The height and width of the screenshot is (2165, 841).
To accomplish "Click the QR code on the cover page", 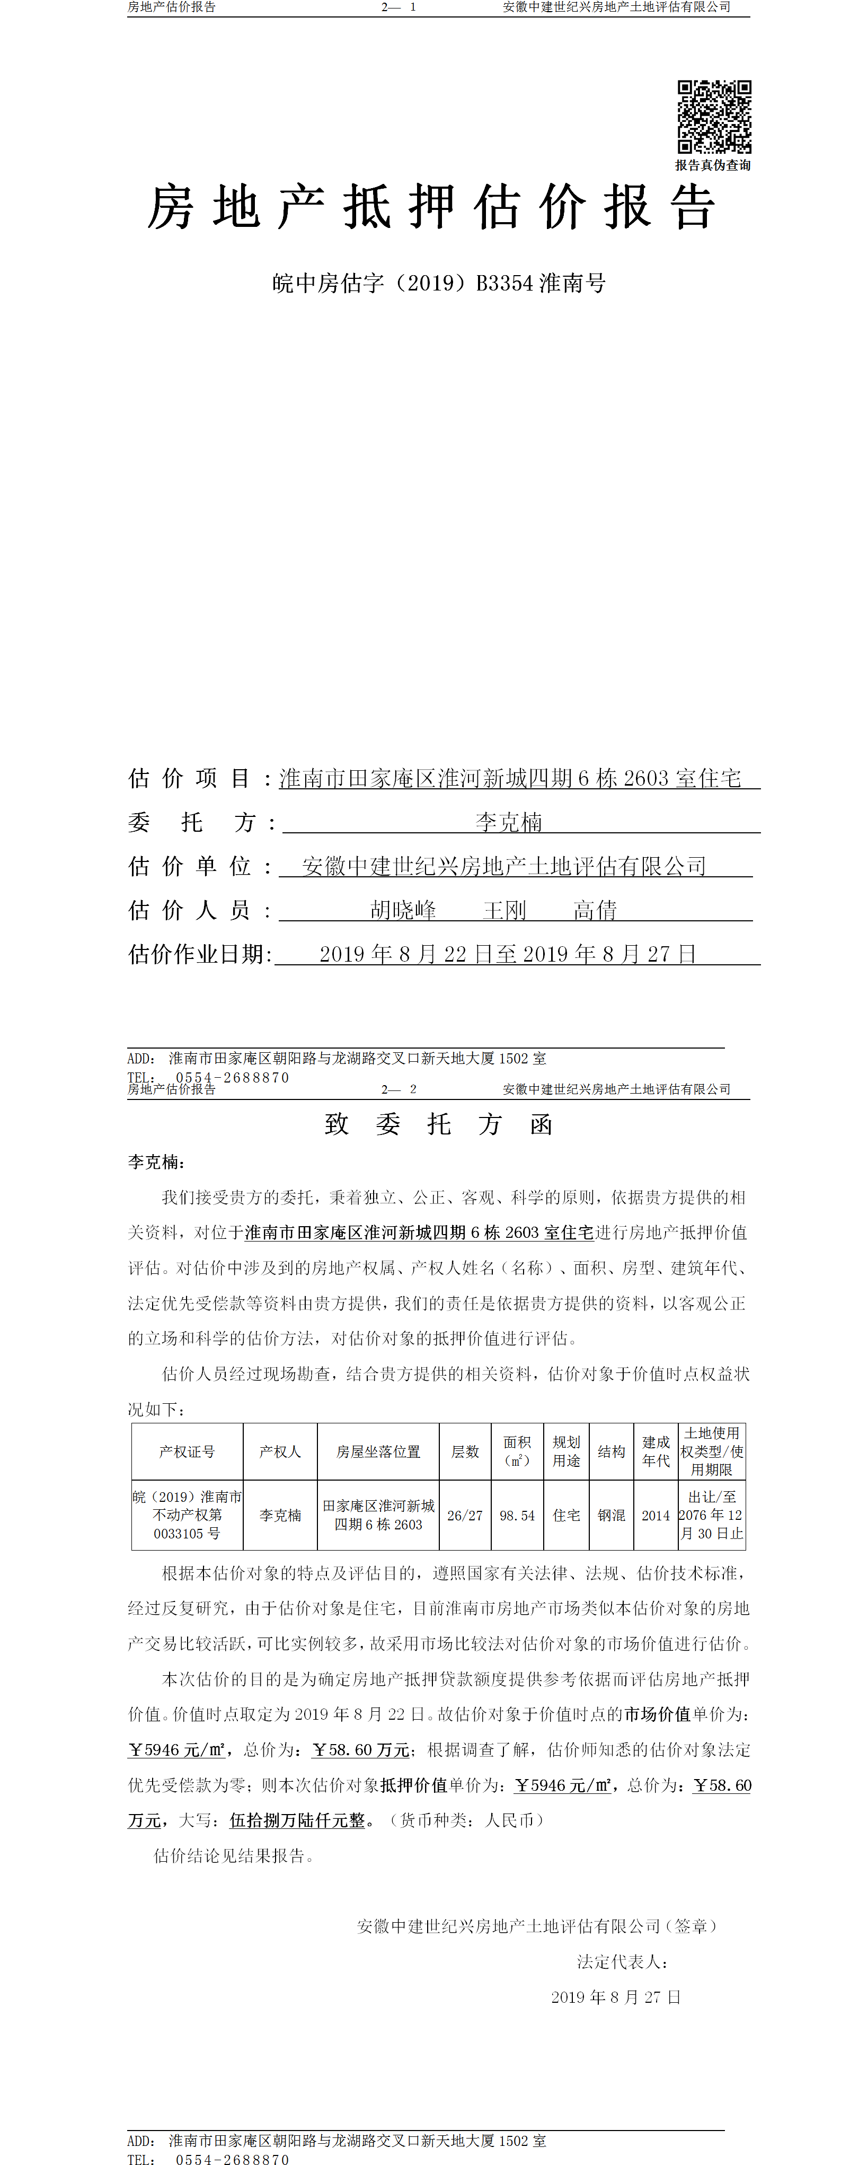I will pyautogui.click(x=714, y=117).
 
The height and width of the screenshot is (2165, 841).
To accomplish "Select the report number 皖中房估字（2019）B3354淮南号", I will pyautogui.click(x=439, y=283).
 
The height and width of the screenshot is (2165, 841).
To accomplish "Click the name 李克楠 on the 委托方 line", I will pyautogui.click(x=508, y=822).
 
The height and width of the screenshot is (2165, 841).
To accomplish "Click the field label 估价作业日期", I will pyautogui.click(x=200, y=954).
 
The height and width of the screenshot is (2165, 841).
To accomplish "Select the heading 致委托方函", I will pyautogui.click(x=439, y=1124).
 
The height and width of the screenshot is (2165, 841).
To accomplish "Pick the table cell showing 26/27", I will pyautogui.click(x=465, y=1515).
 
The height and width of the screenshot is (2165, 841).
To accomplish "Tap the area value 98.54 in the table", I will pyautogui.click(x=517, y=1515).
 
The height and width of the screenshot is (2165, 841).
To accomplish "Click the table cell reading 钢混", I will pyautogui.click(x=611, y=1515).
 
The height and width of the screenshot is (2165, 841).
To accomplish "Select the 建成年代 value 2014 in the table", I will pyautogui.click(x=656, y=1515).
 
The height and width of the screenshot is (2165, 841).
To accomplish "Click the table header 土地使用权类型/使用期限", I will pyautogui.click(x=712, y=1451).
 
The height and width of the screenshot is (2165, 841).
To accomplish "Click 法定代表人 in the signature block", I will pyautogui.click(x=622, y=1961).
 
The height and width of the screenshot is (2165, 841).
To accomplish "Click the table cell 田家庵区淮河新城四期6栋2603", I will pyautogui.click(x=378, y=1515).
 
